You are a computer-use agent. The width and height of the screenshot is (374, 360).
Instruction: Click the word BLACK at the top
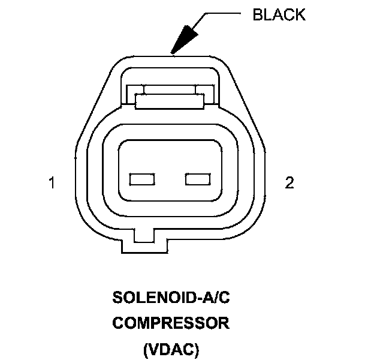click(279, 15)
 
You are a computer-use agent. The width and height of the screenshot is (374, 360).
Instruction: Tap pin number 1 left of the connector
click(52, 184)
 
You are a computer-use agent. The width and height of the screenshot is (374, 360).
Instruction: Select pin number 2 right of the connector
click(289, 184)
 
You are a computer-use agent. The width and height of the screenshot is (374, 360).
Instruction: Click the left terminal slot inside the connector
click(143, 179)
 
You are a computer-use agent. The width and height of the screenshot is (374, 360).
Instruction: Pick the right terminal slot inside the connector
click(198, 179)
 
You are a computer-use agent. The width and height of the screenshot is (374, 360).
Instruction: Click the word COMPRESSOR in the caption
click(171, 323)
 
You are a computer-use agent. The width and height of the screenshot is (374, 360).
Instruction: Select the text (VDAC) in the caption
click(171, 349)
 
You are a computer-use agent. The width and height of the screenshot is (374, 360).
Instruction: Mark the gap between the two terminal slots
click(170, 179)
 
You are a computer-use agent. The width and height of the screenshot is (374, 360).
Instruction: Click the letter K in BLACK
click(300, 15)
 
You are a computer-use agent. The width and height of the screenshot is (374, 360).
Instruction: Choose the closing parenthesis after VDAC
click(195, 349)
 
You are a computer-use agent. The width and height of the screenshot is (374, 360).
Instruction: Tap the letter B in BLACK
click(258, 15)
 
